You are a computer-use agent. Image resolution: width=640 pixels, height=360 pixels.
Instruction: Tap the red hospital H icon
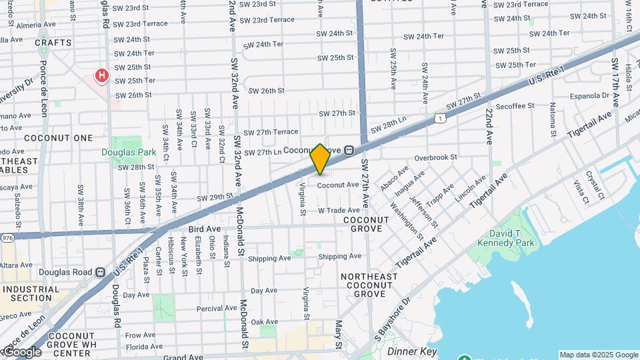(x=101, y=75)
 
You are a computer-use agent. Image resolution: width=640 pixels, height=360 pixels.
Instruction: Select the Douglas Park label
(x=129, y=152)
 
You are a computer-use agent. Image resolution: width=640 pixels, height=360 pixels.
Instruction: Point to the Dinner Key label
(x=411, y=351)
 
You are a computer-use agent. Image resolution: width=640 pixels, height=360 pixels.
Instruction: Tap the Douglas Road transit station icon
(x=100, y=272)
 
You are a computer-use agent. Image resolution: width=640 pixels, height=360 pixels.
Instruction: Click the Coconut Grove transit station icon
(x=349, y=151)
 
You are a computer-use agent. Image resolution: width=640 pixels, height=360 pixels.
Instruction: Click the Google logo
(x=22, y=352)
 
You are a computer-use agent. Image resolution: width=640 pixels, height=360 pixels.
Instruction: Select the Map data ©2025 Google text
(x=598, y=355)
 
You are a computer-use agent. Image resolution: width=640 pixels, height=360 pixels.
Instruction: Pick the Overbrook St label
(x=435, y=157)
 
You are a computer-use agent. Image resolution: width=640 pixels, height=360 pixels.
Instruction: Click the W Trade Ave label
(x=339, y=210)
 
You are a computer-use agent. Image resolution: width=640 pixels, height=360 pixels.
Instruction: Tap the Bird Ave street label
(x=205, y=229)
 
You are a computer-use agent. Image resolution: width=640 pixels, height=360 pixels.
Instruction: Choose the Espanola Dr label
(x=587, y=95)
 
